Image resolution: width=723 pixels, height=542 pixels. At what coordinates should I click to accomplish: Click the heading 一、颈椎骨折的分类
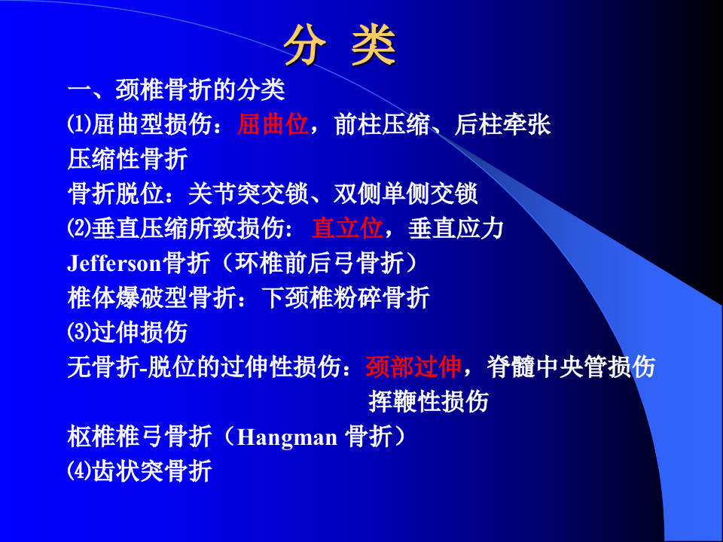(176, 90)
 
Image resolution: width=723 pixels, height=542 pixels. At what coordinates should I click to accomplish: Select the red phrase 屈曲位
(273, 125)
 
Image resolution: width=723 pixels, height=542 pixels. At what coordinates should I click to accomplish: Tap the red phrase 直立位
(347, 228)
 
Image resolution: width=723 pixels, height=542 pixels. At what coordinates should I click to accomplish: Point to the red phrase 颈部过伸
(413, 367)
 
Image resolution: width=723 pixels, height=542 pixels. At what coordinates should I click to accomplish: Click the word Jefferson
(114, 263)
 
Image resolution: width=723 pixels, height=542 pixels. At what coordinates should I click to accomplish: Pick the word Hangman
(287, 437)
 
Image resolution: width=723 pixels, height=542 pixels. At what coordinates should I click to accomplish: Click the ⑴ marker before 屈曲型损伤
(78, 125)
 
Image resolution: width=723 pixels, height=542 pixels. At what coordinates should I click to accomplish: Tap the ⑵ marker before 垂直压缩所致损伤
(78, 228)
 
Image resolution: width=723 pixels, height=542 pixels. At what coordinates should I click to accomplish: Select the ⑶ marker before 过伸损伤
(78, 332)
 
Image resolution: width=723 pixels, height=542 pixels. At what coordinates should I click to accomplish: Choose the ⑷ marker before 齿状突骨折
(78, 471)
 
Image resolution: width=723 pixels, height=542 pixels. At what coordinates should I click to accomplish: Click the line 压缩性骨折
(127, 160)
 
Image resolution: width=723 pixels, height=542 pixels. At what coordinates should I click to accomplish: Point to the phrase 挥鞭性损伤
(429, 401)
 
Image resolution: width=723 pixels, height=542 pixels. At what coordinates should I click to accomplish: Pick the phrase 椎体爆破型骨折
(151, 298)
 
